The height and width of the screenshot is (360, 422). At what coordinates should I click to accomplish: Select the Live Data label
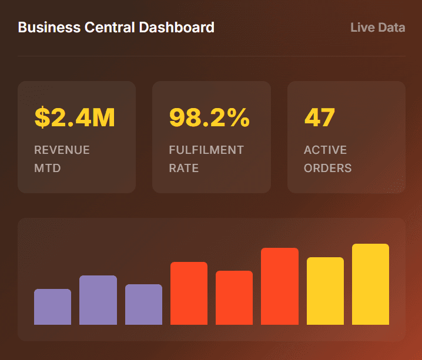click(x=377, y=27)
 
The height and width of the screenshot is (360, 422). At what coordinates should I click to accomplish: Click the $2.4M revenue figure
click(x=75, y=117)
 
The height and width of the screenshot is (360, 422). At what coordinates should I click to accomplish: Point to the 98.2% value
click(x=209, y=117)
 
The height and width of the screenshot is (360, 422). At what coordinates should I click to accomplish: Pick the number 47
click(x=319, y=117)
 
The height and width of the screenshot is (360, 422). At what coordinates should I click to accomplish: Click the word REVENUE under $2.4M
click(x=62, y=150)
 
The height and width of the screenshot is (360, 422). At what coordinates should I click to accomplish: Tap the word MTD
click(x=48, y=168)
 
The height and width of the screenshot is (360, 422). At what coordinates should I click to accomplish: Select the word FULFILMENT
click(x=206, y=150)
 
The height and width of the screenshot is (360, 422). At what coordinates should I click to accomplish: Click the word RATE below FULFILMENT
click(x=183, y=168)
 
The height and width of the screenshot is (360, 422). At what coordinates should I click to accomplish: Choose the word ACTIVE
click(x=325, y=150)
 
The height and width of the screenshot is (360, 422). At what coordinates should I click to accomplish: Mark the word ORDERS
click(x=327, y=168)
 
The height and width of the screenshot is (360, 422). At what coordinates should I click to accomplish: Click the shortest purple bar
click(x=52, y=307)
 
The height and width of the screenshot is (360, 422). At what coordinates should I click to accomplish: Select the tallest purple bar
click(x=98, y=300)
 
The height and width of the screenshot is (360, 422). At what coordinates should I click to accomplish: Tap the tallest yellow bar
click(x=370, y=284)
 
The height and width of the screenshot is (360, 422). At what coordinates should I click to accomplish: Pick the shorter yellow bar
click(x=325, y=291)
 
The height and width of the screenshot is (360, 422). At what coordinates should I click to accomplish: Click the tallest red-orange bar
click(x=280, y=286)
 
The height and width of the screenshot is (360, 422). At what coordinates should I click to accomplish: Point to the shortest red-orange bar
click(x=234, y=298)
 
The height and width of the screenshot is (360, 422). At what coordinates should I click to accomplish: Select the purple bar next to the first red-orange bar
click(x=143, y=304)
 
